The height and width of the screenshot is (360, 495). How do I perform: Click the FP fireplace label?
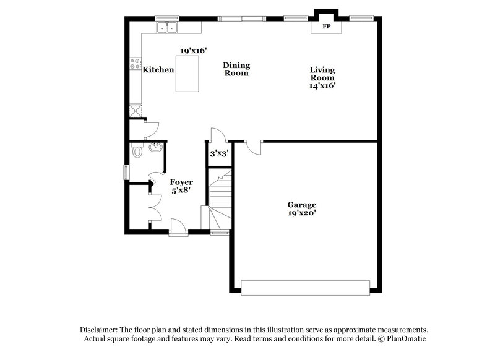[325, 27]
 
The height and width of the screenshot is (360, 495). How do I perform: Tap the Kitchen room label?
[158, 70]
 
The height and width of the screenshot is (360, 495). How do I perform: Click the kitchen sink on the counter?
[166, 27]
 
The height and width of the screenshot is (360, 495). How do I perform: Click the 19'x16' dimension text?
[193, 50]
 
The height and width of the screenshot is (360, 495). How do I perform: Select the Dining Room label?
[236, 69]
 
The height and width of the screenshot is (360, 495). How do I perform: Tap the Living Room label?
[322, 74]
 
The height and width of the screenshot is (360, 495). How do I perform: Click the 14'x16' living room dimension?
[322, 86]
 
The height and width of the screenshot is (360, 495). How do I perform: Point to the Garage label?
[301, 205]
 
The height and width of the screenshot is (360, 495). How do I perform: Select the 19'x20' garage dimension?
[301, 213]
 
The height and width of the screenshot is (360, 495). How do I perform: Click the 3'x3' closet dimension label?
[218, 153]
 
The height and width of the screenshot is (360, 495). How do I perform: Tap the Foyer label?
[181, 182]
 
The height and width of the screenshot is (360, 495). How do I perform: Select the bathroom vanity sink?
[155, 147]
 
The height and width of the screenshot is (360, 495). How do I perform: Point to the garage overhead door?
[305, 288]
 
